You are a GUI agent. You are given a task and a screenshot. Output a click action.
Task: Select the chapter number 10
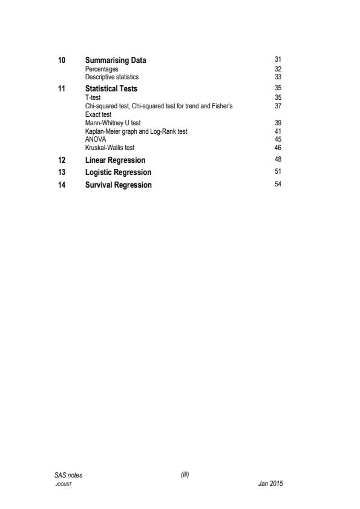pos(58,61)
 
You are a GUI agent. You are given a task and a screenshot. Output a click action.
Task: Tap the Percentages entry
pos(102,70)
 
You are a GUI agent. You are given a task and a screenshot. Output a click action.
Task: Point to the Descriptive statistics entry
pos(112,77)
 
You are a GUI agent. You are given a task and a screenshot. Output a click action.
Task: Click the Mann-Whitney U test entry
pos(113,123)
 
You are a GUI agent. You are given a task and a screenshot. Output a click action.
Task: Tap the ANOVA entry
pos(96,138)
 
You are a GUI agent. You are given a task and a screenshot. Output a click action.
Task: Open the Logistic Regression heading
pos(118,172)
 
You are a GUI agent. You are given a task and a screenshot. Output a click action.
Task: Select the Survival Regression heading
pos(119,185)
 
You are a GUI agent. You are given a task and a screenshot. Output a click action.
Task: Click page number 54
pos(278,184)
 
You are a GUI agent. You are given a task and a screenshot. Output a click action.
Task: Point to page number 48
pos(278,159)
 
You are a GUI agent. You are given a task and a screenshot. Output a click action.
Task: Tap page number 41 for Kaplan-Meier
pos(278,130)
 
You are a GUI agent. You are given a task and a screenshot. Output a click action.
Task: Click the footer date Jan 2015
pos(270,484)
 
